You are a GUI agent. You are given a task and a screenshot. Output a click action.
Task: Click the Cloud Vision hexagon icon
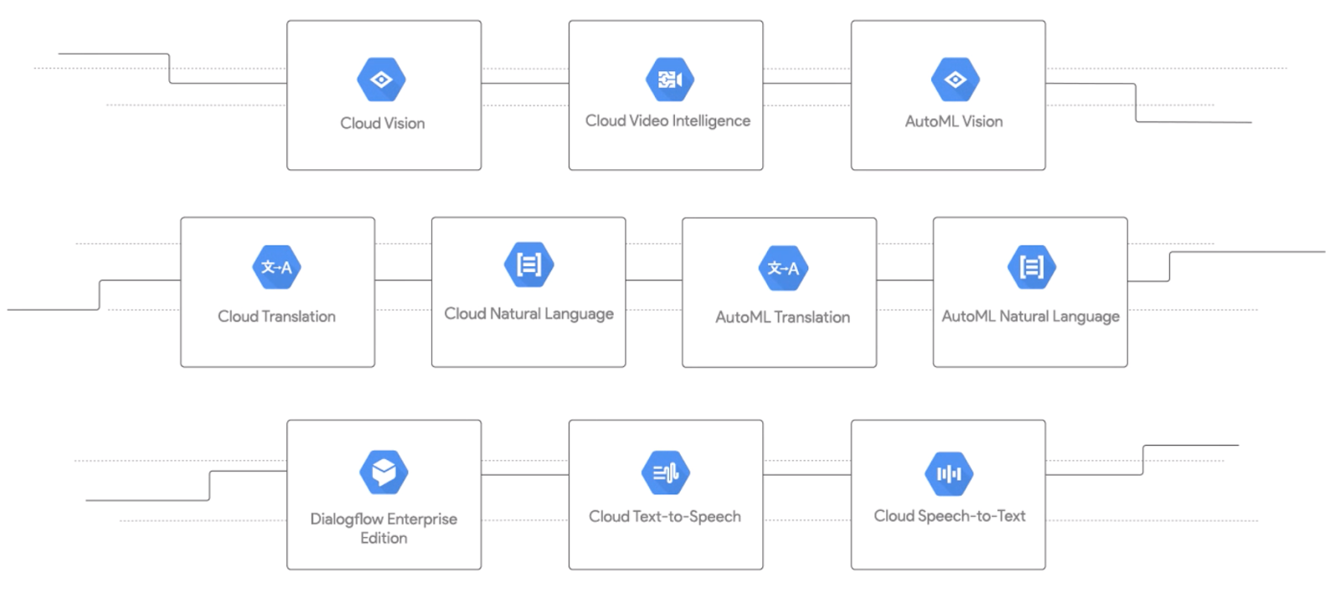[381, 80]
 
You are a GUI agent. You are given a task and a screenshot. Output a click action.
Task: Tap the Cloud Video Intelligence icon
[669, 80]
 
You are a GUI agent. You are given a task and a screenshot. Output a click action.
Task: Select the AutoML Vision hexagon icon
[955, 80]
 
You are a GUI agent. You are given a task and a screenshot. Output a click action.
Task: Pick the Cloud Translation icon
[276, 267]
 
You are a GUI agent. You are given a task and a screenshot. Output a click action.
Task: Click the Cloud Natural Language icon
[528, 265]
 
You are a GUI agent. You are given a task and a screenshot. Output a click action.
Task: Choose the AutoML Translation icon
[783, 268]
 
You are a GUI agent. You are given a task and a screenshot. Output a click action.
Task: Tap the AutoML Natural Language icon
[1031, 267]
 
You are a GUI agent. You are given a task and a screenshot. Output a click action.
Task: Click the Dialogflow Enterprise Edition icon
[384, 472]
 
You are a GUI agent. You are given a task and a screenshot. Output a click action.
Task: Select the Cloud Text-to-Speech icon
[666, 473]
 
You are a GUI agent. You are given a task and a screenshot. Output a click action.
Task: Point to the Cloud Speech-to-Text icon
[949, 474]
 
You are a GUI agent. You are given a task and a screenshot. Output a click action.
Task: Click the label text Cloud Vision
[382, 123]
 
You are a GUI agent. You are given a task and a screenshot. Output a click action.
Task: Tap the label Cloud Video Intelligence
[667, 121]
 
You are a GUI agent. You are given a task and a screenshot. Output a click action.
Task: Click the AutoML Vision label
[953, 121]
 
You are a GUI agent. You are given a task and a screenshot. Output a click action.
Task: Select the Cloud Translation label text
[276, 317]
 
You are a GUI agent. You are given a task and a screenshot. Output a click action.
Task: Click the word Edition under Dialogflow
[384, 538]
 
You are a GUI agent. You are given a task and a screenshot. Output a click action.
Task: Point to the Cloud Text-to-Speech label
[664, 516]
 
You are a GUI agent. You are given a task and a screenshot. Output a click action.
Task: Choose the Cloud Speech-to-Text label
[949, 516]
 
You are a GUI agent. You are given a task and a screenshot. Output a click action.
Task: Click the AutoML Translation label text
[782, 317]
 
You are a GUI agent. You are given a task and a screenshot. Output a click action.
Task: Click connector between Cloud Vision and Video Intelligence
[525, 83]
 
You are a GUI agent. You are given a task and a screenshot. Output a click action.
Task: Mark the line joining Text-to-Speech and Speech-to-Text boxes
[807, 475]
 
